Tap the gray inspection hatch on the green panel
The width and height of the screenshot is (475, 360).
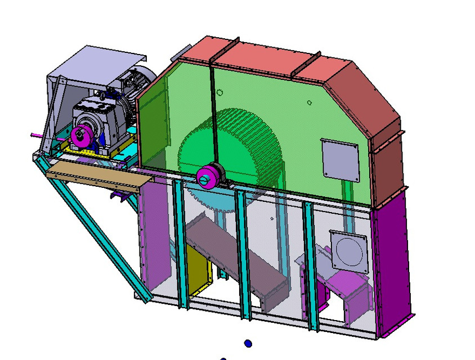pos(339,160)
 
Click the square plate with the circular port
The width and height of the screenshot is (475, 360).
pos(349,249)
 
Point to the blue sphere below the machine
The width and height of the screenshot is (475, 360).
pos(248,343)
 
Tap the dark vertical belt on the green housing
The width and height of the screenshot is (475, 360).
pos(213,112)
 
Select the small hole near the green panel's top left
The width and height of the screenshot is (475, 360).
pos(219,93)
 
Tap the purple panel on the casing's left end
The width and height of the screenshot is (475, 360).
pos(152,236)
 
